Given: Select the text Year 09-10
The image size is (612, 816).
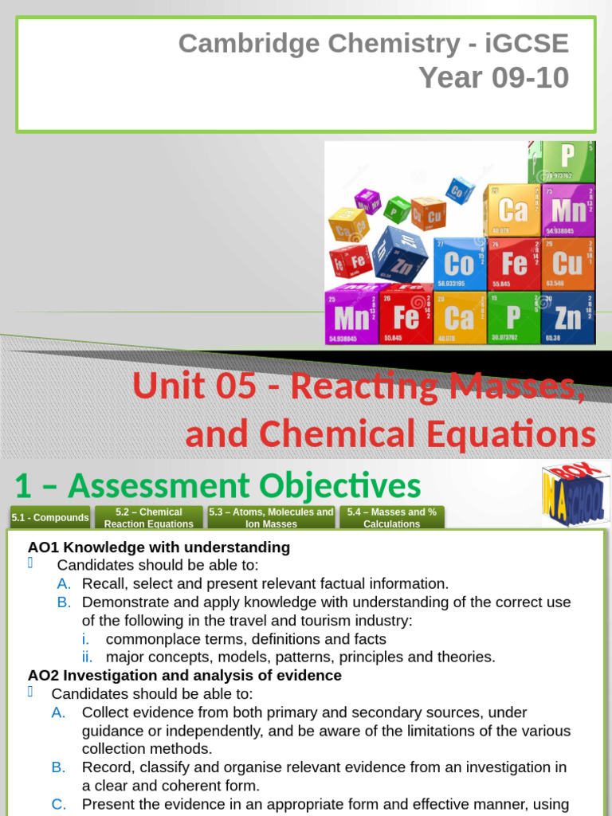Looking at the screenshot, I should pos(494,78).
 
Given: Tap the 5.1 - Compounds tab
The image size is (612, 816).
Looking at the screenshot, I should pos(50,518).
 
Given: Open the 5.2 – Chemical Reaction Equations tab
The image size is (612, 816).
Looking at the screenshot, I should pos(149,518).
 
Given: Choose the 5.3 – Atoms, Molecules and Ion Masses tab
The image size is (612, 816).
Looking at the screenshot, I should pos(271,518).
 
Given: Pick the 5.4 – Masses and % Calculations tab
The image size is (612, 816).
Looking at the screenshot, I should pos(392,518).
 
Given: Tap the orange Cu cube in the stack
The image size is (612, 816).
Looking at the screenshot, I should pos(567,264).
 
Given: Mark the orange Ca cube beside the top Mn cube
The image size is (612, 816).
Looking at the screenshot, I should pos(513,210).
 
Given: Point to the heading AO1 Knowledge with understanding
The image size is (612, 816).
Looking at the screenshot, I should pos(159,547).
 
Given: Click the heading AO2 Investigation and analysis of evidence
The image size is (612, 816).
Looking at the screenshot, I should pos(184,675).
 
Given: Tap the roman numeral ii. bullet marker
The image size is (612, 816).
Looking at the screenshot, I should pos(88,657).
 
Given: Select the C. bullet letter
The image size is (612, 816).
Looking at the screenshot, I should pos(59,804).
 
